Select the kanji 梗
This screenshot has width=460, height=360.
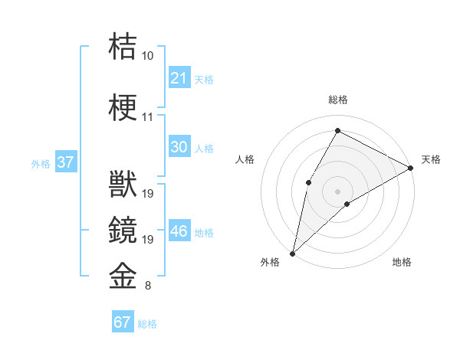pos(123,108)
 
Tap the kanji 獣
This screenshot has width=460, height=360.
pos(123,186)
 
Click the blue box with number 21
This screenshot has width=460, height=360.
pos(179,77)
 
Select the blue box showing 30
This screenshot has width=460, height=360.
pos(179,147)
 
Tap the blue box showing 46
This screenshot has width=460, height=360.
pos(179,231)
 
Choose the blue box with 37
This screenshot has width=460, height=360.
pos(65,162)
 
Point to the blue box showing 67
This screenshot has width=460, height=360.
pos(123,322)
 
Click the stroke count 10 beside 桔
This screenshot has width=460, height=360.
pos(147,56)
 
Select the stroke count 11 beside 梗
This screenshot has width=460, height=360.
pos(147,117)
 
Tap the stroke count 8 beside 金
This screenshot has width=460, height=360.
pos(147,286)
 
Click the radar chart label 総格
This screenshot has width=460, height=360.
pos(337,100)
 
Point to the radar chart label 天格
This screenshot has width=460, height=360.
pos(431,159)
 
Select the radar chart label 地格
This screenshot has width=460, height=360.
pos(402,262)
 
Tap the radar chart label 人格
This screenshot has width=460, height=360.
pos(245,159)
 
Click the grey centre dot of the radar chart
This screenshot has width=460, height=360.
pos(337,191)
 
